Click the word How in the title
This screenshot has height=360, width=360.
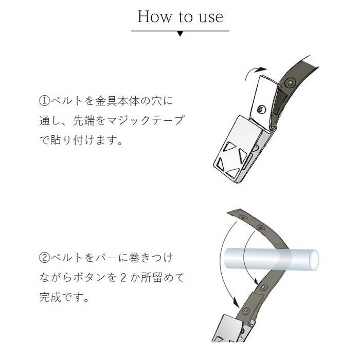pos(155,16)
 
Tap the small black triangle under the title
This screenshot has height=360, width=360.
pos(180,34)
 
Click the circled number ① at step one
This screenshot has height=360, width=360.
pos(45,101)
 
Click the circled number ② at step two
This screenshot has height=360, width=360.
pos(45,258)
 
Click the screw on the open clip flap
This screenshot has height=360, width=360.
pos(262,109)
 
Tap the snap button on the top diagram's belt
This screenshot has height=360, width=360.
pos(290,82)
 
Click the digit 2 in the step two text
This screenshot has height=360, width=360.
pos(123,278)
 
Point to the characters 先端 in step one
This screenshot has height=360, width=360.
pos(84,121)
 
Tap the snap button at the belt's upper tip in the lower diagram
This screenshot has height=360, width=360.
pos(243,217)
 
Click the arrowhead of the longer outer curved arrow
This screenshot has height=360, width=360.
pos(236,302)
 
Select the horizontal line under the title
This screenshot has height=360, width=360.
pos(180,31)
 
